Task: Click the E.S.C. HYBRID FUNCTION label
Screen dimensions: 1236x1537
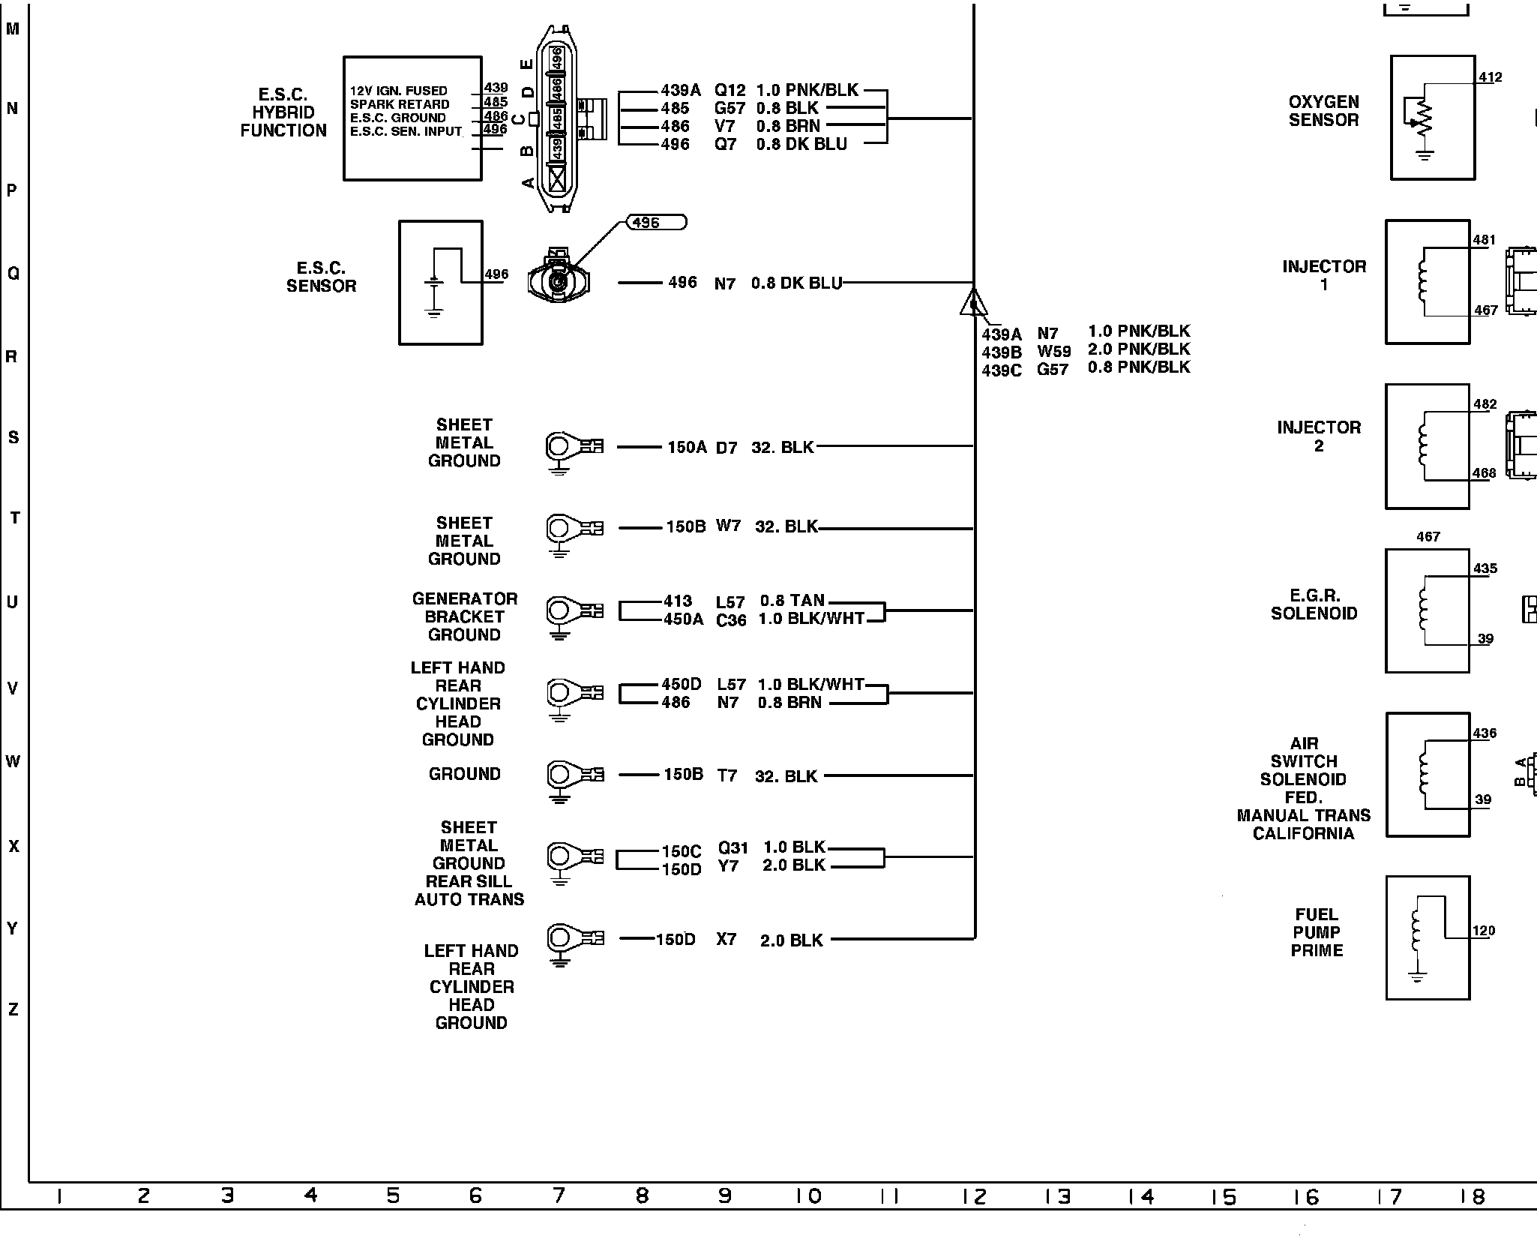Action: (x=283, y=112)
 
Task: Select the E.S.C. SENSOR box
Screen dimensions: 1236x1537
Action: (x=440, y=283)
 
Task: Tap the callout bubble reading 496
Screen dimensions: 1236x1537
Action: (x=655, y=223)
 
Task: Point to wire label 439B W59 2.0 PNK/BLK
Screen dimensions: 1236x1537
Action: (x=1086, y=349)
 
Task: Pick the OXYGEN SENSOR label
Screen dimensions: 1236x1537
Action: (x=1323, y=111)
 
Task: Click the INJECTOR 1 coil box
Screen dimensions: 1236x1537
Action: (x=1427, y=282)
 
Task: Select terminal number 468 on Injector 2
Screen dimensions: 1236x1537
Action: (x=1484, y=473)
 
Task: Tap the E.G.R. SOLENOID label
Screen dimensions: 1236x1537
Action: (x=1314, y=604)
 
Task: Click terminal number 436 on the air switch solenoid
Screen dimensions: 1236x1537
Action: (x=1485, y=733)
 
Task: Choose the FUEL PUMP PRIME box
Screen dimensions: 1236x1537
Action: (x=1427, y=937)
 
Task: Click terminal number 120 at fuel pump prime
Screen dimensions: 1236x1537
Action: (x=1483, y=931)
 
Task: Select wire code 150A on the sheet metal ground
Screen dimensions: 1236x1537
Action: (x=687, y=448)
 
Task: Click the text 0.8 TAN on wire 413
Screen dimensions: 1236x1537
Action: (x=792, y=601)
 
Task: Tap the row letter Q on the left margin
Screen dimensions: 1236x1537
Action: (x=13, y=274)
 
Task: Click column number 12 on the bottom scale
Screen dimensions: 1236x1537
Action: (x=974, y=1197)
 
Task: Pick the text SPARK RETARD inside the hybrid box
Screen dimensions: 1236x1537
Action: (x=400, y=104)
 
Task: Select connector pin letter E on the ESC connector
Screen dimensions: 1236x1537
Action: (x=527, y=65)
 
